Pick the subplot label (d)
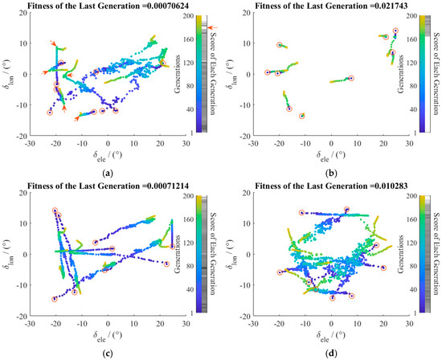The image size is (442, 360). [330, 351]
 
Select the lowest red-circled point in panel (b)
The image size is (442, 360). [302, 116]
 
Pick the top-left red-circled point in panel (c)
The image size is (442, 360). [55, 211]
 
